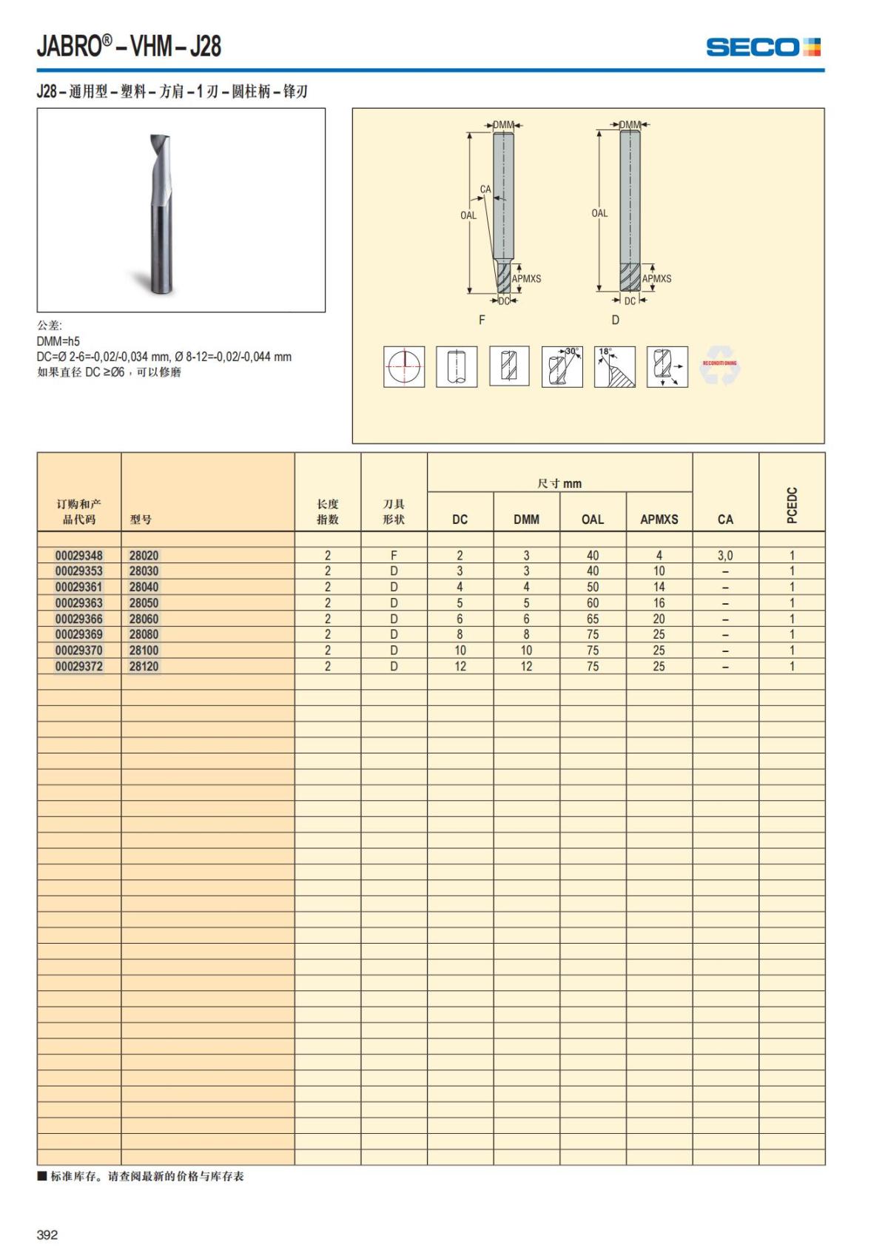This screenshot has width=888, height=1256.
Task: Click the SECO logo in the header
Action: [x=763, y=47]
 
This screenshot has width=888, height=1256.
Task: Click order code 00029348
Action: [x=79, y=555]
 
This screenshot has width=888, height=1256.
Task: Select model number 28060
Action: [x=144, y=619]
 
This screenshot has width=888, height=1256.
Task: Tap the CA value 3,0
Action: [x=725, y=555]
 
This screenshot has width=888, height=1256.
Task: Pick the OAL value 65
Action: [x=593, y=619]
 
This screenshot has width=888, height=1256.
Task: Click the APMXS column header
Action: [x=659, y=520]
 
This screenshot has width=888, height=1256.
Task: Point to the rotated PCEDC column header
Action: [x=792, y=506]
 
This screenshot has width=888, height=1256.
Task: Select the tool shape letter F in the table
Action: [x=394, y=555]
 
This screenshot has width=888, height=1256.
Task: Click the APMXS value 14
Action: [x=659, y=587]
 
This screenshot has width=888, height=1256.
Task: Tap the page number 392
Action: [x=47, y=1235]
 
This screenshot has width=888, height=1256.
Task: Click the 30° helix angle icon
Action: [x=562, y=366]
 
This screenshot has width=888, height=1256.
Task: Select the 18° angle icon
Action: [x=614, y=366]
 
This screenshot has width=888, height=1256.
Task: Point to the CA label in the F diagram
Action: [x=485, y=189]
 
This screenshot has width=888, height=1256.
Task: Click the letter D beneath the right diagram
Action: [x=615, y=320]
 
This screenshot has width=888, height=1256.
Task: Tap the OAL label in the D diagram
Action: [x=599, y=213]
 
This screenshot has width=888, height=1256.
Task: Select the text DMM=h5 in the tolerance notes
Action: [x=58, y=341]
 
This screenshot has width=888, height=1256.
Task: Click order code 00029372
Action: [x=79, y=666]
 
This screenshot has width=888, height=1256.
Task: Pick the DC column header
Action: [x=460, y=520]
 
